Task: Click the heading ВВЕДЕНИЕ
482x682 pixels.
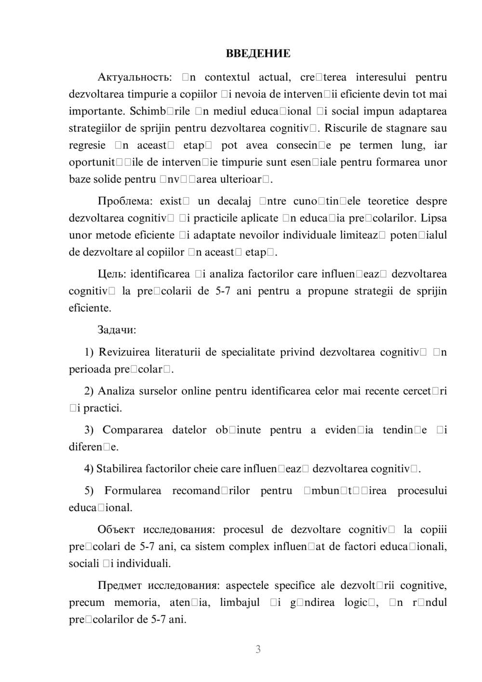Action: (258, 54)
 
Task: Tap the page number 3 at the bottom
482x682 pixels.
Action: (258, 649)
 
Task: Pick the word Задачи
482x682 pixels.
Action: (117, 330)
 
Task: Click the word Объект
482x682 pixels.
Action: (116, 530)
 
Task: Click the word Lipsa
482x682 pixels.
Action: (434, 218)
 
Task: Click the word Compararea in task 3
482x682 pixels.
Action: (133, 430)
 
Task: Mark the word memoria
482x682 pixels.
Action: (136, 602)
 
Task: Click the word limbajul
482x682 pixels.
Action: (240, 602)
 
